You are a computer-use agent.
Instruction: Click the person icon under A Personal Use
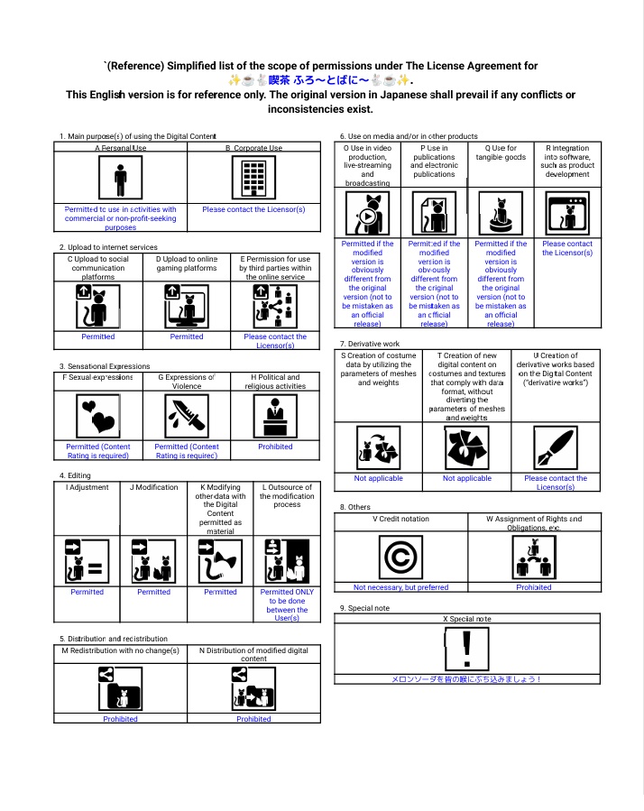click(x=121, y=179)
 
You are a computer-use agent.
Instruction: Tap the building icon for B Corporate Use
click(x=253, y=179)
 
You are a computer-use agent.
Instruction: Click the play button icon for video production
click(x=367, y=215)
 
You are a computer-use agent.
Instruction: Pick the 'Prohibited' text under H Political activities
click(x=275, y=447)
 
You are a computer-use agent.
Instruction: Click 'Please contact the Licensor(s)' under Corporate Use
click(x=253, y=209)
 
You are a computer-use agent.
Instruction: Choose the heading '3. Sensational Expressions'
click(x=105, y=366)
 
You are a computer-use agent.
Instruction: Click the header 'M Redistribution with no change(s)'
click(x=120, y=650)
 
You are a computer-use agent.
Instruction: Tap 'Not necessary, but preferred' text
click(x=400, y=587)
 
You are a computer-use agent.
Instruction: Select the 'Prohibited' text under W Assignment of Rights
click(x=534, y=587)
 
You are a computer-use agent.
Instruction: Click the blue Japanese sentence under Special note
click(x=466, y=678)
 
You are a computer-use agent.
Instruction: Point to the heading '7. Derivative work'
click(x=369, y=344)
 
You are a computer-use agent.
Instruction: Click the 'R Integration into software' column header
click(x=567, y=161)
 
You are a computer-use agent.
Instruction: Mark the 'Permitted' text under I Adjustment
click(x=87, y=592)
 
